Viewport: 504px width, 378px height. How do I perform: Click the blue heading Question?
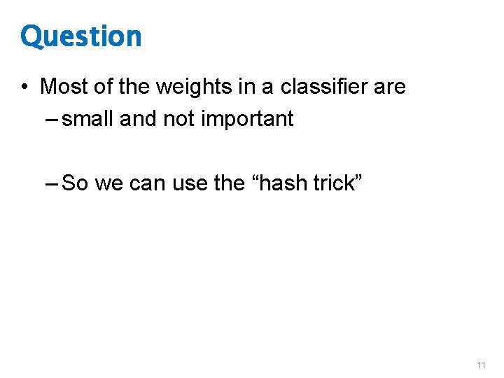[x=81, y=37]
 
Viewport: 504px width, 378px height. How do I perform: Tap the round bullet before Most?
[x=24, y=87]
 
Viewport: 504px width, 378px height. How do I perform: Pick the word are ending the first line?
[x=389, y=87]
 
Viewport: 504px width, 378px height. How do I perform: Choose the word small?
[x=88, y=119]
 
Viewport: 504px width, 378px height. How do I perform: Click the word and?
[x=139, y=119]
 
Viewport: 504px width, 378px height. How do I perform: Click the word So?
[x=76, y=183]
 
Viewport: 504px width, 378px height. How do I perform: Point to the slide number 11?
[x=481, y=365]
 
